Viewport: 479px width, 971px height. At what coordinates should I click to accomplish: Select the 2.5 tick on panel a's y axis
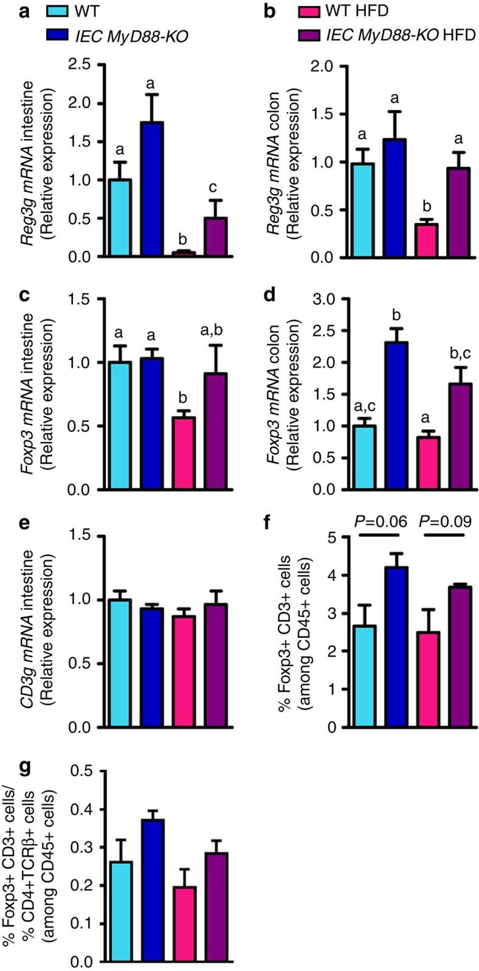pos(83,65)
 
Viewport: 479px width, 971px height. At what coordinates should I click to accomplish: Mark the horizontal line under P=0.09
pos(444,536)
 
